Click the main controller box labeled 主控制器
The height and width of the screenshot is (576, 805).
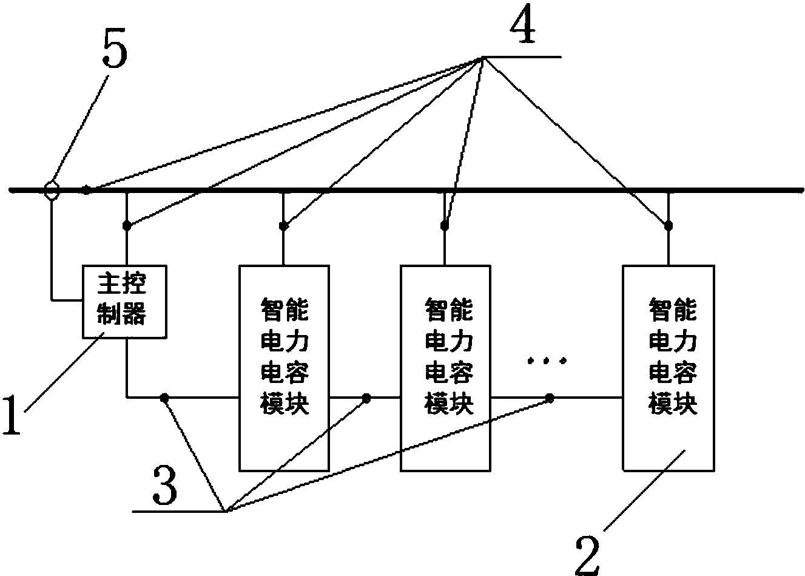coord(126,302)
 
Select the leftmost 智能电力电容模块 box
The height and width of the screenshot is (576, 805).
coord(284,367)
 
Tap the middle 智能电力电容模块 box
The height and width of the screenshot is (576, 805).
coord(446,367)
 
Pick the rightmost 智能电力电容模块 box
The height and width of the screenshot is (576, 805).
coord(669,367)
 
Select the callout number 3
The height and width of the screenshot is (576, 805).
coord(164,489)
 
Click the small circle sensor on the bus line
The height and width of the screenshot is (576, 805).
coord(52,191)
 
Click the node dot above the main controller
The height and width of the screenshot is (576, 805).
coord(127,226)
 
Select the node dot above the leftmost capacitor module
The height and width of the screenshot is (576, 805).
coord(283,226)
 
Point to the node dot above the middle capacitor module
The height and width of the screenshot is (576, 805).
coord(445,226)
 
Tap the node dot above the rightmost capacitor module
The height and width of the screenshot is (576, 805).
coord(668,226)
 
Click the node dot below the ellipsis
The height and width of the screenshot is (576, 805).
coord(550,398)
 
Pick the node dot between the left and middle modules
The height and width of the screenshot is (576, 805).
coord(366,398)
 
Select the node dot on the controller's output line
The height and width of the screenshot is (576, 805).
coord(164,398)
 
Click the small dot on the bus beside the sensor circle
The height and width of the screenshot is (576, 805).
coord(87,191)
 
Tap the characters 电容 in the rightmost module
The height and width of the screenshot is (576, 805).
coord(673,372)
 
